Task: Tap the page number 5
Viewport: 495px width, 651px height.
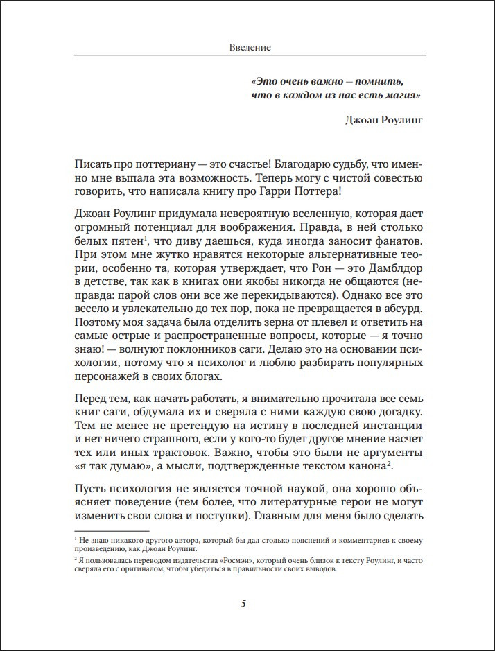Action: pyautogui.click(x=243, y=602)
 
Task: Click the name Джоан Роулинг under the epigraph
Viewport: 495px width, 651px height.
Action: pyautogui.click(x=383, y=119)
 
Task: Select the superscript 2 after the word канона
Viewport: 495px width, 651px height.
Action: pyautogui.click(x=392, y=465)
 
